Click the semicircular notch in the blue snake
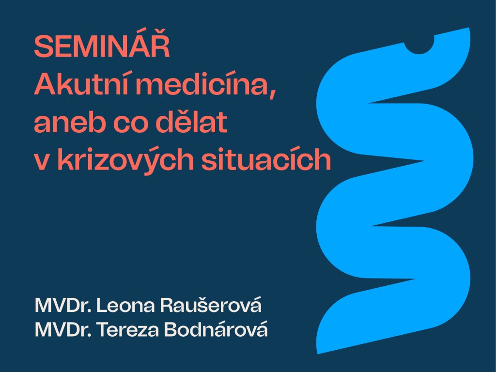tap(419, 46)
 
